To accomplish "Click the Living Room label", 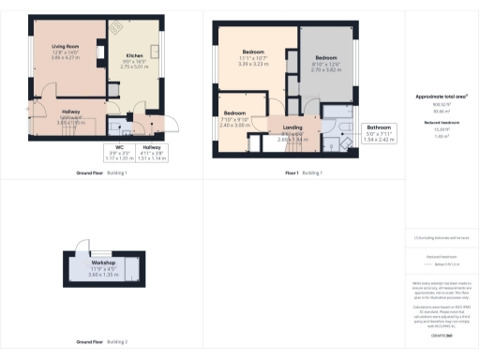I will coord(65,51).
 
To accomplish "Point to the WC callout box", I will coord(120,151).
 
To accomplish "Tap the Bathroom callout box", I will coord(379,132).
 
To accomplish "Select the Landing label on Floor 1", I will coord(292,132).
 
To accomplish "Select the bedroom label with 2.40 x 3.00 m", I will coord(234,117).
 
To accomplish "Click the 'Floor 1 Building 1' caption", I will coord(304,173).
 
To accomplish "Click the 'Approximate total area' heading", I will coord(441,97).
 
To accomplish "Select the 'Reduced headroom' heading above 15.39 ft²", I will coord(441,124).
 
